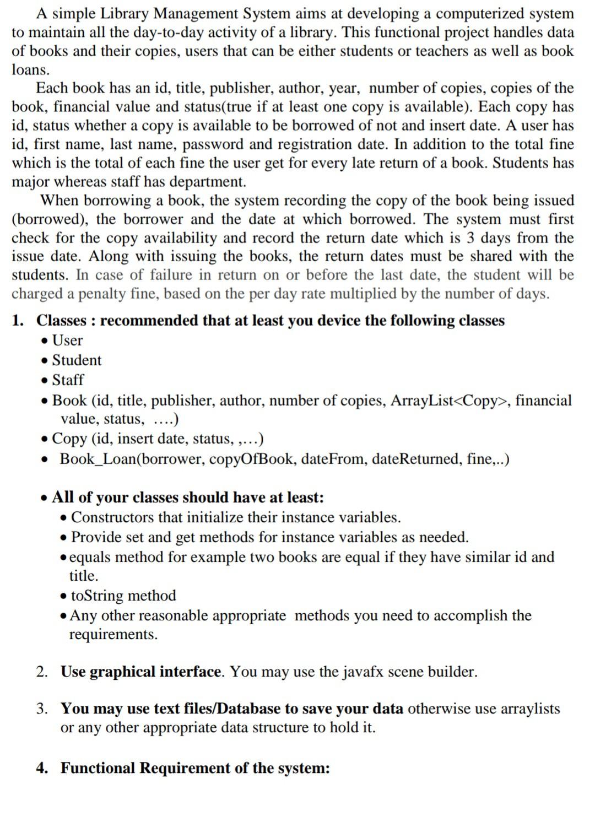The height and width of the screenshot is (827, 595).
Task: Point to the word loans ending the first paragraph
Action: point(31,70)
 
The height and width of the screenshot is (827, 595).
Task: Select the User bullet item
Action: point(67,340)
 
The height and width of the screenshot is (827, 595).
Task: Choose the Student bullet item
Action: point(77,360)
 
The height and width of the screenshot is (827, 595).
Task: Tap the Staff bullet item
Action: point(68,380)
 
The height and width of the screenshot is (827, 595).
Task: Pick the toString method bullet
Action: point(123,596)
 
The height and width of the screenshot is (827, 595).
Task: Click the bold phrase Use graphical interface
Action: point(141,672)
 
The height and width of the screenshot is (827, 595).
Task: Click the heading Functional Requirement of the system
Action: point(195,768)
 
